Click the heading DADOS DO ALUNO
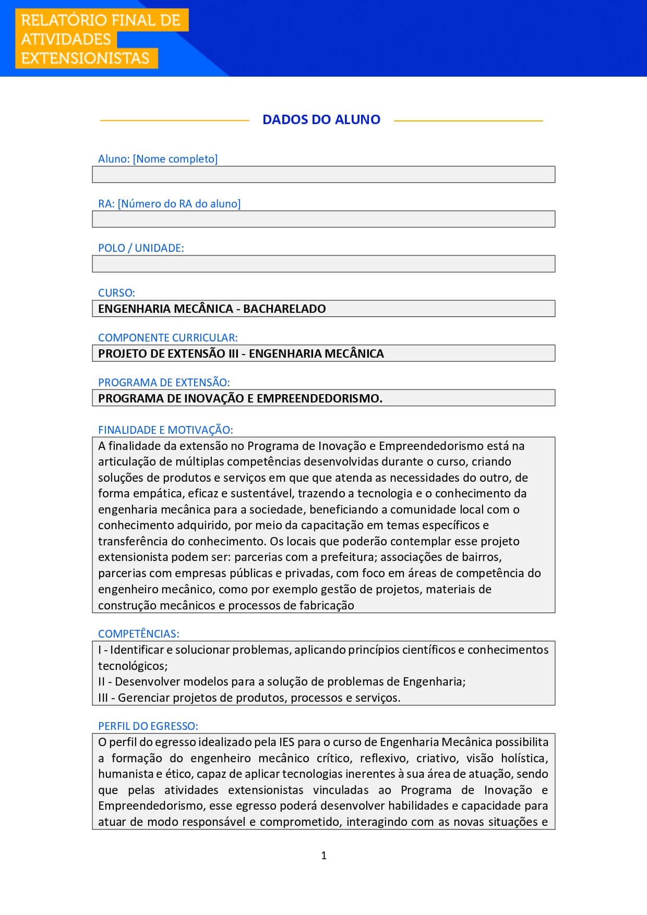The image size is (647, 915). click(321, 119)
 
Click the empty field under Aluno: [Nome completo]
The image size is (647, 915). click(323, 175)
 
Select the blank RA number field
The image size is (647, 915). click(323, 219)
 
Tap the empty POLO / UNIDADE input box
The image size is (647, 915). click(323, 264)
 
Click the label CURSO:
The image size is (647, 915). click(116, 293)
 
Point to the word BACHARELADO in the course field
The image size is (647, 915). click(284, 309)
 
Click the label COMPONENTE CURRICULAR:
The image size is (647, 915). click(167, 338)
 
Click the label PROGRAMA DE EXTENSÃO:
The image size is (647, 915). click(164, 383)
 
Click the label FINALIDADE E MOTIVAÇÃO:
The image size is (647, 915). click(165, 430)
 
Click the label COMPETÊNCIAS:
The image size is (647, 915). click(138, 634)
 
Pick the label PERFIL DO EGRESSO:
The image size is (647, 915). click(148, 726)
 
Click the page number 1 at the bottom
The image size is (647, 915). click(324, 855)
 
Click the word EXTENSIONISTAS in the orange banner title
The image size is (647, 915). click(85, 58)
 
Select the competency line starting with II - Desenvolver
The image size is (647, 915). click(282, 681)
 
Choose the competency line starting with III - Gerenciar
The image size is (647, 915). click(249, 698)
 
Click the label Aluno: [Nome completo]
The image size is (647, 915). click(158, 159)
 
